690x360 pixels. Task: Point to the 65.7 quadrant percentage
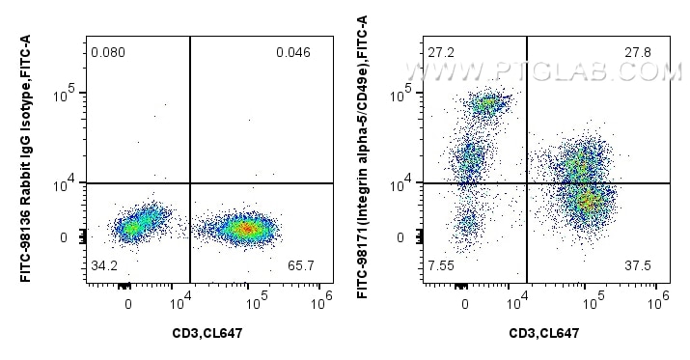(293, 263)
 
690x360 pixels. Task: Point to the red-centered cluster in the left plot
(245, 229)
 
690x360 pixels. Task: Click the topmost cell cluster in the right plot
(488, 103)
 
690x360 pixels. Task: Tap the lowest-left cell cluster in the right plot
(468, 225)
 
